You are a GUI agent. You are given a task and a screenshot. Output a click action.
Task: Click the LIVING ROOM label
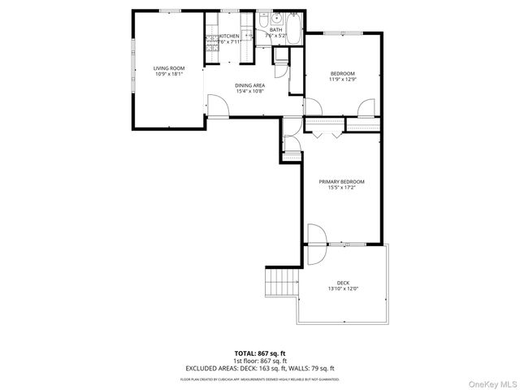(170, 67)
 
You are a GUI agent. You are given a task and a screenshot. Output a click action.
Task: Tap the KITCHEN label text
(230, 37)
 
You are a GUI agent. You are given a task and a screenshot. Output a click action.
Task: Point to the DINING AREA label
(249, 85)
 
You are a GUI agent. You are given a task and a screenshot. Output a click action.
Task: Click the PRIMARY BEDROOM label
(341, 181)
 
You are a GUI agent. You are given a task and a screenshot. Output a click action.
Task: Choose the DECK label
(342, 283)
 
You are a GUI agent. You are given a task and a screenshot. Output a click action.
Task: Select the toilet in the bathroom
(261, 19)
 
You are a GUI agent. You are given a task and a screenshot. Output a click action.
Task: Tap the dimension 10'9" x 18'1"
(170, 74)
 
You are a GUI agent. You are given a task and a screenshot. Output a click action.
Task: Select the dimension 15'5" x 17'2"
(341, 188)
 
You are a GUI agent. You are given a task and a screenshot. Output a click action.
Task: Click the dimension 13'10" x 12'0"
(342, 289)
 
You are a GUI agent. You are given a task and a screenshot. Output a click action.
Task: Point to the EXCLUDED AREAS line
(259, 368)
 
